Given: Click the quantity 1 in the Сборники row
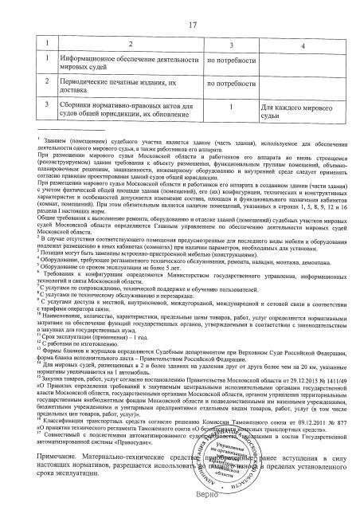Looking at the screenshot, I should coord(229,105).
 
